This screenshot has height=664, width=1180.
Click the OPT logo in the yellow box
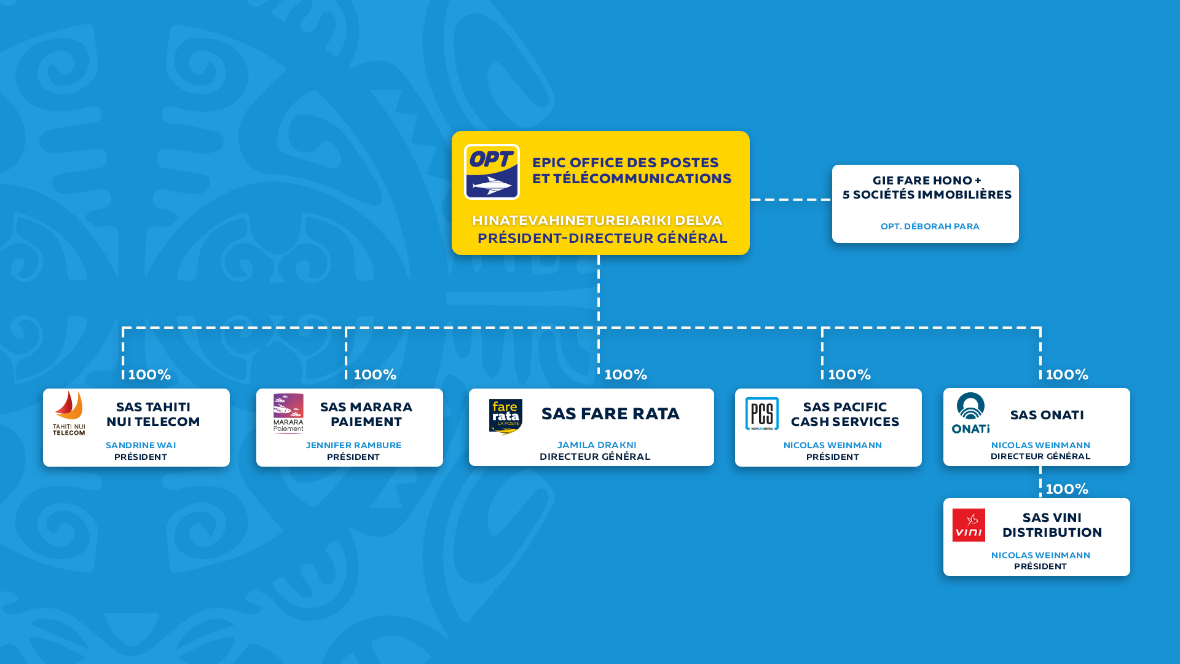point(492,172)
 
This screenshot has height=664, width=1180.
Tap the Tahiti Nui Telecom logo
point(69,413)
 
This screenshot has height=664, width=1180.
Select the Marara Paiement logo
point(288,413)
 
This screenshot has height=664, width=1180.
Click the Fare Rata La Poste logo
point(505,417)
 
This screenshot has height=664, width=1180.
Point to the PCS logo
point(762,413)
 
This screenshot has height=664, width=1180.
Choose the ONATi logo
point(970,413)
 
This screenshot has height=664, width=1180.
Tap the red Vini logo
point(969,525)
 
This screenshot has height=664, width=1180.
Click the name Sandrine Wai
point(141,445)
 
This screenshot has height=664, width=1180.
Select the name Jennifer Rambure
point(353,445)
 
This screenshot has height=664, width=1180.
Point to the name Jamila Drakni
point(597,445)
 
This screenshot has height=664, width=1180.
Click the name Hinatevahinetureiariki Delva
point(597,220)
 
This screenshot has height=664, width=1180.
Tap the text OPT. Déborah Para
point(930,226)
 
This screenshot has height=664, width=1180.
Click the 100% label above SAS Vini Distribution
point(1067,489)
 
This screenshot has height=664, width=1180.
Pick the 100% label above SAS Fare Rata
point(626,374)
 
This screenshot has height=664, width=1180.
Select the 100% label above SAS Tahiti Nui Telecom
point(149,374)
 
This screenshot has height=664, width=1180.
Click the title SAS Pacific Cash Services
point(845,414)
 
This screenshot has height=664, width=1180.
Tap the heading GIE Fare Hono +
point(927,180)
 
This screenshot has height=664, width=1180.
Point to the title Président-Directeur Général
point(602,238)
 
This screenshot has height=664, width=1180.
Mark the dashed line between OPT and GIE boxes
point(790,199)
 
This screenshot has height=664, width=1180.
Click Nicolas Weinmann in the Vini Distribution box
point(1040,555)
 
